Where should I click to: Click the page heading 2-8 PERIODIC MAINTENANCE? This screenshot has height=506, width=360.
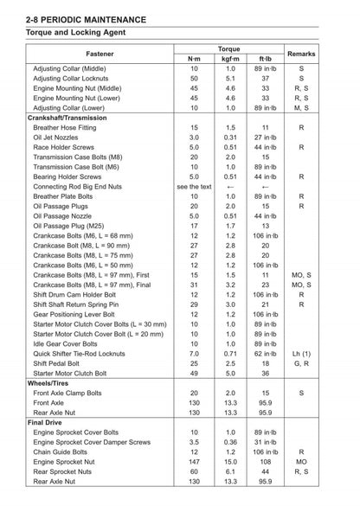pos(86,17)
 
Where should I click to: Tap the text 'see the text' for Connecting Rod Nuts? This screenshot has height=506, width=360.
pos(194,186)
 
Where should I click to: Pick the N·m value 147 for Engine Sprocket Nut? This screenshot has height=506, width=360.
pos(194,461)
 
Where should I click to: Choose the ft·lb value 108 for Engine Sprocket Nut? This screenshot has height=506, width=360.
pos(265,461)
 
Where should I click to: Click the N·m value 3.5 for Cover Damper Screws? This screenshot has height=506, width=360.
pos(194,441)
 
